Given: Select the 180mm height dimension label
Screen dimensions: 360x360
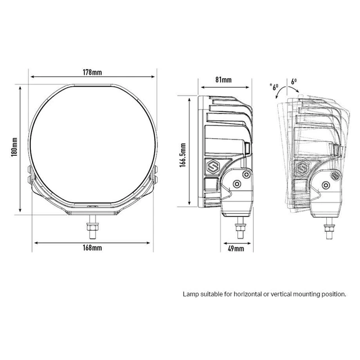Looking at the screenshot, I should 15,148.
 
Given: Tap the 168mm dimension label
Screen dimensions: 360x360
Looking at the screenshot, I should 92,248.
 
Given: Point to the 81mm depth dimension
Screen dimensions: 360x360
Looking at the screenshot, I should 223,80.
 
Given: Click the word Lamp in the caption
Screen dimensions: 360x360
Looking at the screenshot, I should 191,294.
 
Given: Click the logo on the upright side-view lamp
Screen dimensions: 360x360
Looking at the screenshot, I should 214,167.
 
